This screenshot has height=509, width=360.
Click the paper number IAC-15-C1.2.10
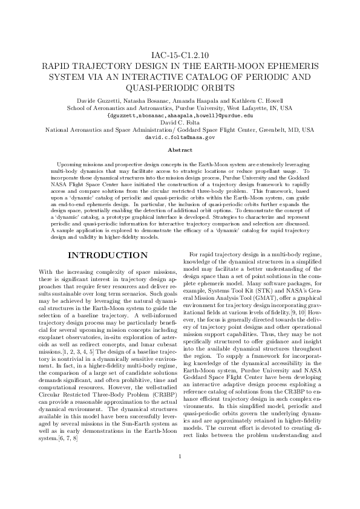180,55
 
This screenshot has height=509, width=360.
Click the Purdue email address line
180,115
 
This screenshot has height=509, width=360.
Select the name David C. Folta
180,122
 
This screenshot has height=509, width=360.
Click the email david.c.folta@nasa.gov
180,137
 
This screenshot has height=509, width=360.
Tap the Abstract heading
180,149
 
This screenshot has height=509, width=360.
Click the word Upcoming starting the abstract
70,164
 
